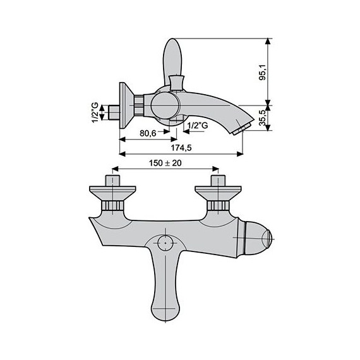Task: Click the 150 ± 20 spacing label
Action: [165, 163]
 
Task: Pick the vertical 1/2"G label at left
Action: [95, 113]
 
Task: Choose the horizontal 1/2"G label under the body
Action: [197, 126]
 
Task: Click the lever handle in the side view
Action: [172, 60]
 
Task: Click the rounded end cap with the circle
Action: [260, 241]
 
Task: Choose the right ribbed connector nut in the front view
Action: [218, 207]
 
